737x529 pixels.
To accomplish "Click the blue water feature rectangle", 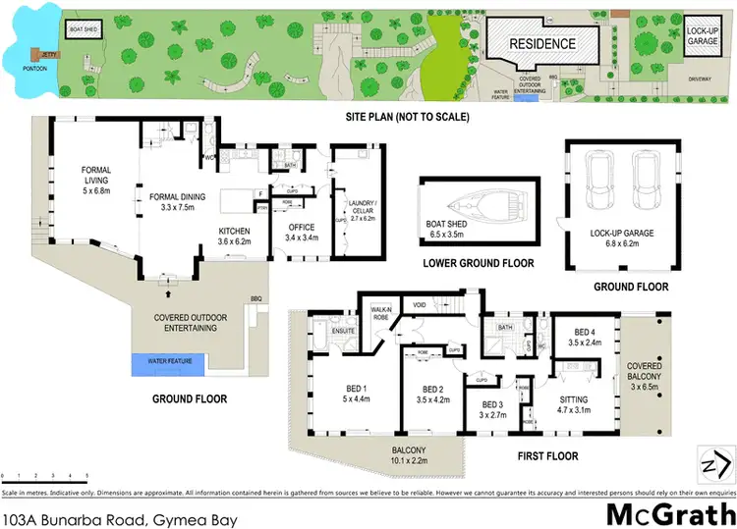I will [x=170, y=364].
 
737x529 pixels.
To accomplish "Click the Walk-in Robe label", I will [x=382, y=315].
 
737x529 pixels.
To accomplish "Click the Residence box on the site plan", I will [x=541, y=44].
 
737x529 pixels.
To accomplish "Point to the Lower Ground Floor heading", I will [x=478, y=263].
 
